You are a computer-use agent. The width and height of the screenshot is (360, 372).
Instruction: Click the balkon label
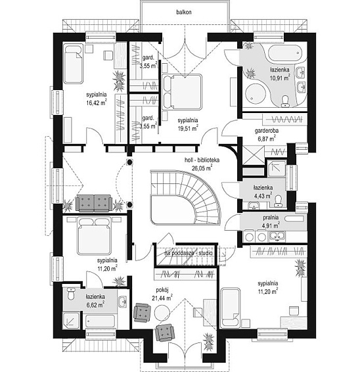click(x=184, y=12)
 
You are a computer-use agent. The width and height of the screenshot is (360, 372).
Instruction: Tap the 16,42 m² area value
click(x=97, y=103)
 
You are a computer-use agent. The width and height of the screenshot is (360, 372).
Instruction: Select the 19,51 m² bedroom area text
click(x=189, y=128)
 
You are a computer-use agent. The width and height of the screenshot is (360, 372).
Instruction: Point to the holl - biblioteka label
click(x=202, y=160)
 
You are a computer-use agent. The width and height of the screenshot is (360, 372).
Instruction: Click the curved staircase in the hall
click(x=185, y=197)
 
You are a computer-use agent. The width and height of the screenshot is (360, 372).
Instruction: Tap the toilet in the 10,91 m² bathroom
click(x=285, y=101)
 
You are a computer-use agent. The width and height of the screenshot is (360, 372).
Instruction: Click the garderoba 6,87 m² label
click(x=267, y=135)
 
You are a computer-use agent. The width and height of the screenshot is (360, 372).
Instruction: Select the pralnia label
click(x=271, y=218)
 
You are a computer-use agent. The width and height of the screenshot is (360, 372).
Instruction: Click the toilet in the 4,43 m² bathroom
click(x=278, y=200)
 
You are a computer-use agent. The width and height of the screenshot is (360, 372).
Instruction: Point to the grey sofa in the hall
click(x=94, y=203)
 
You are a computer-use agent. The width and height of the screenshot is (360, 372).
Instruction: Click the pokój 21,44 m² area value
click(x=162, y=298)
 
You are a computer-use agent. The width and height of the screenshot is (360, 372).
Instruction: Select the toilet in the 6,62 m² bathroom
click(x=71, y=294)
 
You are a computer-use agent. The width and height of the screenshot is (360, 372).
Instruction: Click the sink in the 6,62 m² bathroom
click(x=122, y=302)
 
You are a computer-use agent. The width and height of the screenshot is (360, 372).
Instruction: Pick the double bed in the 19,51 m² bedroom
click(x=182, y=92)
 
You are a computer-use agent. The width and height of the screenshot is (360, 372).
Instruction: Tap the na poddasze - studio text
click(x=189, y=254)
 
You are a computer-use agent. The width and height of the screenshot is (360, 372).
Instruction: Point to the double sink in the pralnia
click(x=277, y=236)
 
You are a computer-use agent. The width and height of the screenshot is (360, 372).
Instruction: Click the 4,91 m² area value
click(x=271, y=225)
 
